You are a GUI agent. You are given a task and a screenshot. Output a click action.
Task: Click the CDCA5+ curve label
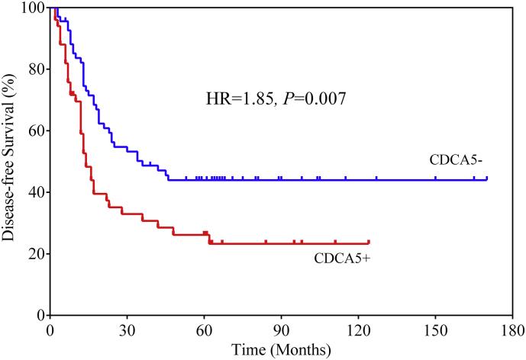(342, 258)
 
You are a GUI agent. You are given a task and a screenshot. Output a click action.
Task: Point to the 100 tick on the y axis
(31, 8)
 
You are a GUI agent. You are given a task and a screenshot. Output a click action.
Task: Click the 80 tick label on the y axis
(34, 69)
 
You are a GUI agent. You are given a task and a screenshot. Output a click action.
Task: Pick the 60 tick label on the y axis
(34, 131)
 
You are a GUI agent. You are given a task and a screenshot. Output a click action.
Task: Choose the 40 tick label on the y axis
(34, 192)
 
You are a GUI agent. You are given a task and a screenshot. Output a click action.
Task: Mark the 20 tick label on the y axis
(34, 254)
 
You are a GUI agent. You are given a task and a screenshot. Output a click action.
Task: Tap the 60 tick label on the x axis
(204, 331)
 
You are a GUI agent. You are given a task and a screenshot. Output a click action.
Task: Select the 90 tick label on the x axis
(281, 331)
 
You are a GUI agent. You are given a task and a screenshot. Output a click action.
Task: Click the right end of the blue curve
(486, 179)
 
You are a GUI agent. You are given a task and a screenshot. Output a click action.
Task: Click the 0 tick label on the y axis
(37, 315)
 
